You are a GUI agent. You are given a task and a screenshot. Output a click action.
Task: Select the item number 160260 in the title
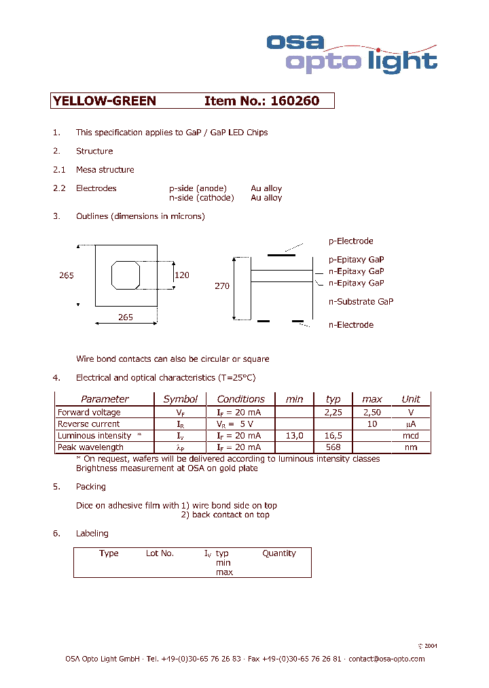(294, 101)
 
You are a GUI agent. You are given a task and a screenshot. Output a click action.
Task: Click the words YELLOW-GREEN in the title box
(105, 101)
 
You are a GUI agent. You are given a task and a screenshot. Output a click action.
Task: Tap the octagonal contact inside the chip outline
(126, 275)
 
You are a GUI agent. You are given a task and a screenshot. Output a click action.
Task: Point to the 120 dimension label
(181, 275)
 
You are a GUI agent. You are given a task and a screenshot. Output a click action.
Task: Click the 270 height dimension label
(222, 286)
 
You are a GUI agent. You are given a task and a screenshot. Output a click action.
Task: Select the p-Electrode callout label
(350, 241)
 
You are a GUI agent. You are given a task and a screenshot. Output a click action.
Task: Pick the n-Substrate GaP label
(361, 301)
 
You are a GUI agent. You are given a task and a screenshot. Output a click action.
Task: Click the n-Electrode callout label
(350, 325)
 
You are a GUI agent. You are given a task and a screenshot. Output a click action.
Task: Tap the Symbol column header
(181, 399)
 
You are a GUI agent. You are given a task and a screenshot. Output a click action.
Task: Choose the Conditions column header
(241, 399)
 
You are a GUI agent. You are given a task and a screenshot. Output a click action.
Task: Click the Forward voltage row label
(89, 412)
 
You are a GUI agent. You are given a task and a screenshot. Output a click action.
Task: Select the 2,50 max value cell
(372, 412)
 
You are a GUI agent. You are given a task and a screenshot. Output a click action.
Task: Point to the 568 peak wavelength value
(333, 447)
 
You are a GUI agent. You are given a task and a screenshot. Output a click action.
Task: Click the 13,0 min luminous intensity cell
(294, 436)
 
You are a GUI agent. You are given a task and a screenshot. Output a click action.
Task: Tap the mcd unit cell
(411, 436)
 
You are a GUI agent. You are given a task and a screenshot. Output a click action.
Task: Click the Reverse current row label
(89, 424)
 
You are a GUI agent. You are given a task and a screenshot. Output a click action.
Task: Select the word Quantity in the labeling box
(279, 553)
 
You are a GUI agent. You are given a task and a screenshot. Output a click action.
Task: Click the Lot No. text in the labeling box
(160, 553)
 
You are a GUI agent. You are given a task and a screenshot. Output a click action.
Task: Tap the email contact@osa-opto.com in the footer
(386, 659)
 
